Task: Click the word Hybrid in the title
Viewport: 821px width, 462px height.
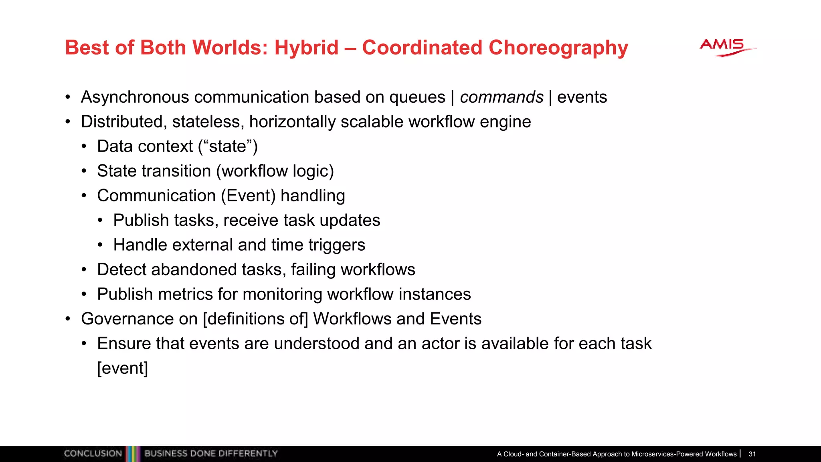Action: coord(306,48)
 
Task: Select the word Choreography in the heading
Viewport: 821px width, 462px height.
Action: coord(558,48)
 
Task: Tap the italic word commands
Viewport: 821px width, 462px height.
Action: coord(501,97)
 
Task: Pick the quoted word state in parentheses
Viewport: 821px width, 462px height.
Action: coord(228,146)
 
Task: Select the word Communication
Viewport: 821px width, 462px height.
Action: coord(156,196)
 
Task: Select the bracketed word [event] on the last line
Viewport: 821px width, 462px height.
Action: coord(123,368)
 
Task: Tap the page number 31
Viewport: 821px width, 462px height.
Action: coord(752,454)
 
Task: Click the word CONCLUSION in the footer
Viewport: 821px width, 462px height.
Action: coord(93,454)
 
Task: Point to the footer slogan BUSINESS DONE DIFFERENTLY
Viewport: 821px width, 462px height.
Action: coord(211,454)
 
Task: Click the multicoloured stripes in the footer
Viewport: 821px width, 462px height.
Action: coord(133,454)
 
